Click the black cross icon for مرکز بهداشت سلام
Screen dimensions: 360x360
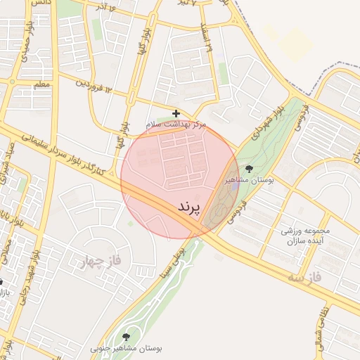coord(176,113)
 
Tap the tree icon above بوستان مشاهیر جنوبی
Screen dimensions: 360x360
coord(127,337)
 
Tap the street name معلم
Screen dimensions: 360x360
coord(42,86)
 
